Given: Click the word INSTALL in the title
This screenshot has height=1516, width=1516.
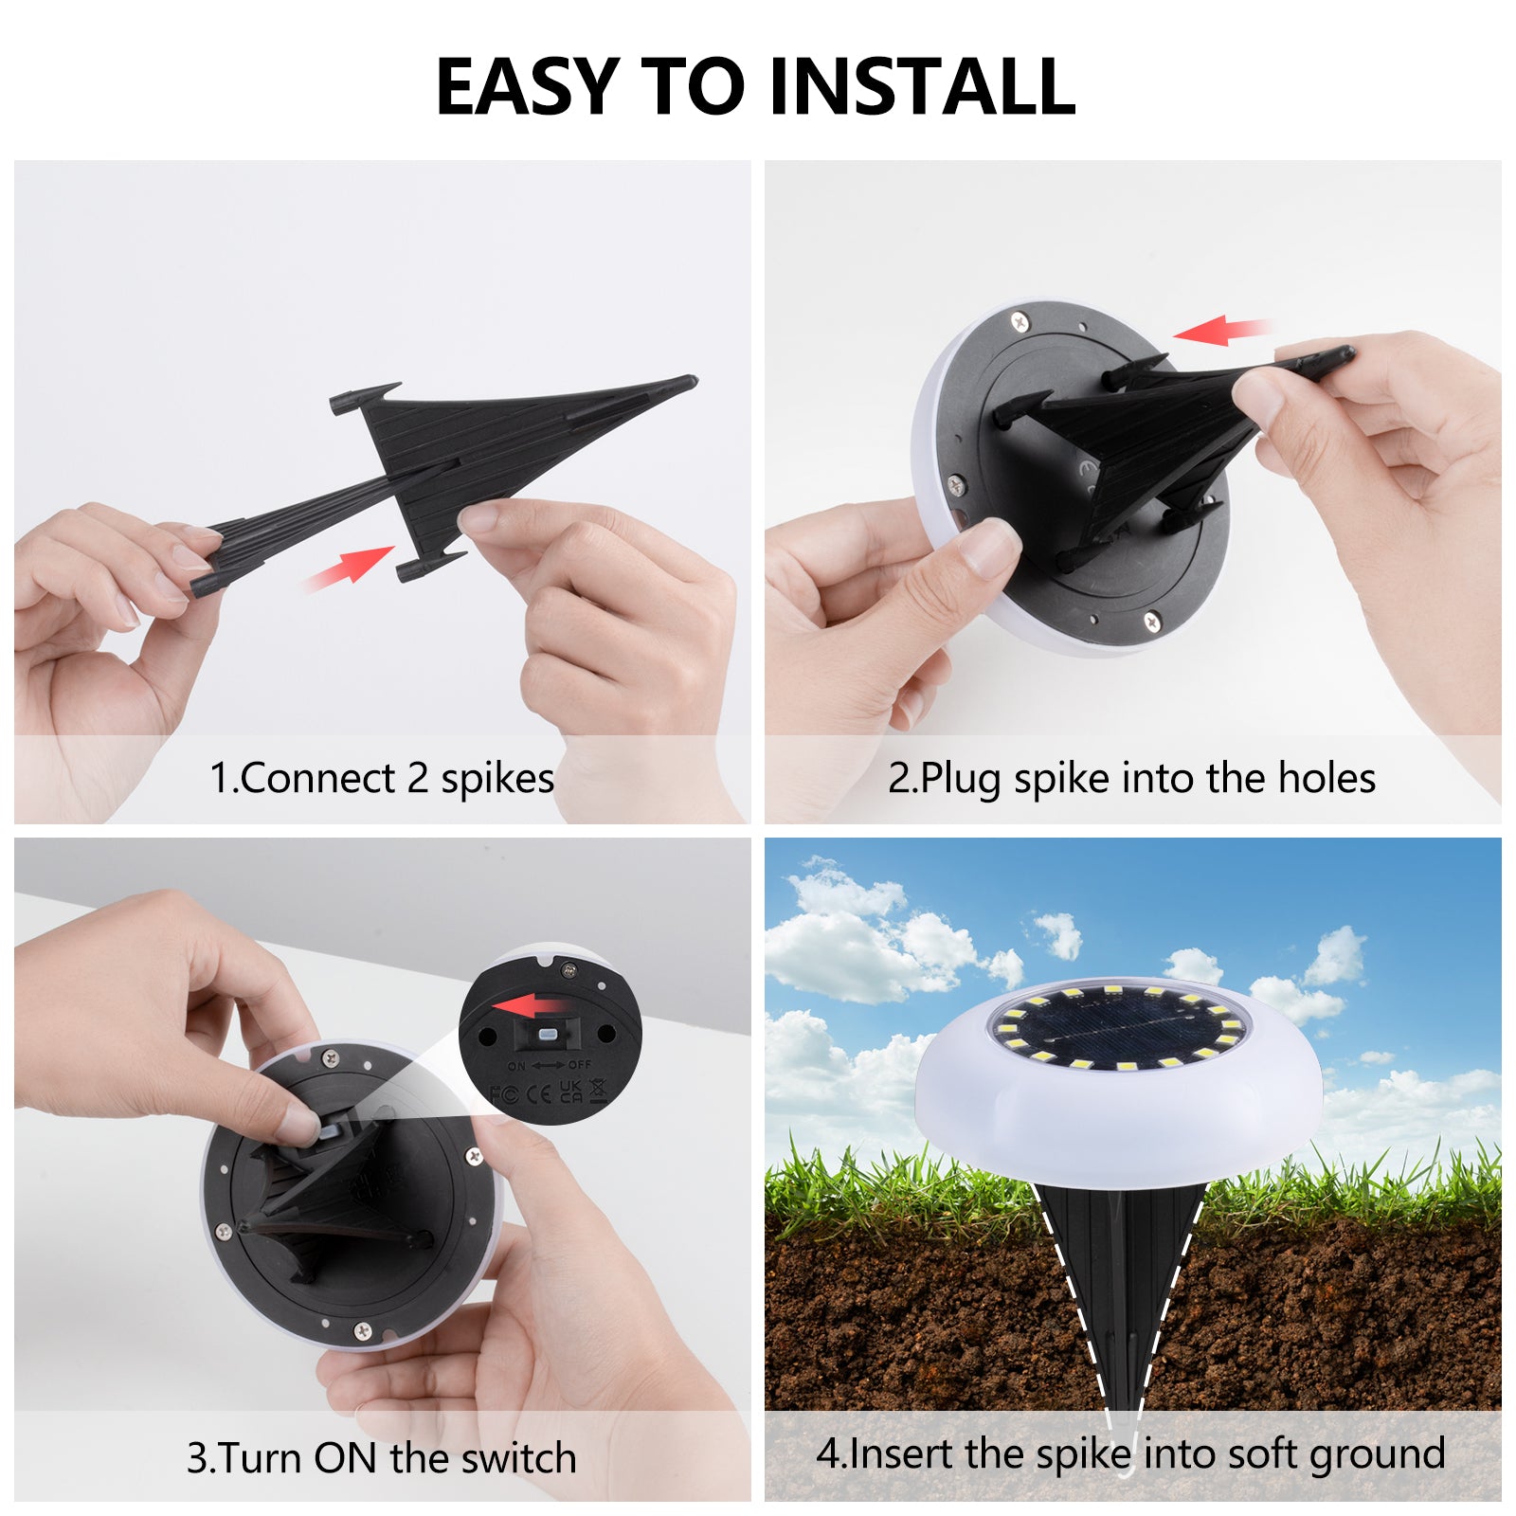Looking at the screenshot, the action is point(922,86).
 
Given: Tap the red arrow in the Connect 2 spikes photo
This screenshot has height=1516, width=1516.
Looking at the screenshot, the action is point(348,568).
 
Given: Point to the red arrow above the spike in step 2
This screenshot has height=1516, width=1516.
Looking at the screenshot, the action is point(1219,330).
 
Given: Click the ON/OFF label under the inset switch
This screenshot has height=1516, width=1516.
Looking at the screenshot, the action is point(550,1066).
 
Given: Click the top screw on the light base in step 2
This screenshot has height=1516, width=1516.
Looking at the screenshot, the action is point(1019,322).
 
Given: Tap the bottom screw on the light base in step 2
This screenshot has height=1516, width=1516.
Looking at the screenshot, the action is point(1151,621).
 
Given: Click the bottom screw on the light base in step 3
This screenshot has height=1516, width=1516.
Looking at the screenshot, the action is point(362,1330).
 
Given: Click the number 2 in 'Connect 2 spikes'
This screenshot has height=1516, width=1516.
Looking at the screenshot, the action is point(418,779).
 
